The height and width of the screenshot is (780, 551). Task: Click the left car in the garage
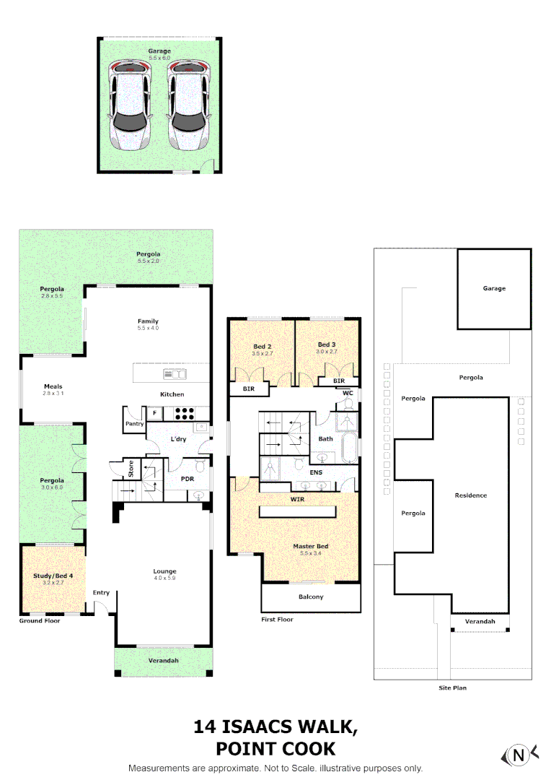pos(131,105)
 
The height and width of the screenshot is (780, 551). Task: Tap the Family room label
pos(149,321)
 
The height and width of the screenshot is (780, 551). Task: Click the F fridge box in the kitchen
pos(154,412)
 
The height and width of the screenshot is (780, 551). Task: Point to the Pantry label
pos(135,424)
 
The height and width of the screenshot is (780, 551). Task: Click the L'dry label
pos(177,440)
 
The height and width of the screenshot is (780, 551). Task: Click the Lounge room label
pos(164,571)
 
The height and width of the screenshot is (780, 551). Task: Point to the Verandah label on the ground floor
pos(164,661)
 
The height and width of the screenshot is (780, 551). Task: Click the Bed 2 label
pos(262,347)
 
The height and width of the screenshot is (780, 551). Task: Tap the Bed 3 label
pos(327,345)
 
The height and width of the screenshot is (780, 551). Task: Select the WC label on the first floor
pos(348,393)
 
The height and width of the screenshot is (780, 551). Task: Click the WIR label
pos(297,498)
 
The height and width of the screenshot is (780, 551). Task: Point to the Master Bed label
pos(311,546)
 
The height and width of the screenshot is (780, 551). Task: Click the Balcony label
pos(311,597)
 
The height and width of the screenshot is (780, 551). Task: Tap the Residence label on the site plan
pos(471,495)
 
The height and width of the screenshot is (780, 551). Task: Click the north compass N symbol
pos(518,755)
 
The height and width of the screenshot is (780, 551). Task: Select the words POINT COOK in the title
pos(275,749)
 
